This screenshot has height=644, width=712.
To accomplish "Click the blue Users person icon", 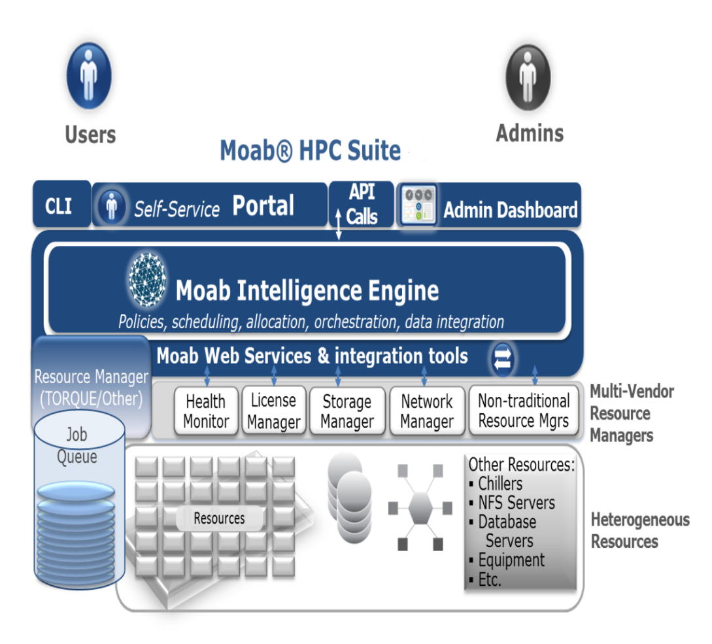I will point(89,76).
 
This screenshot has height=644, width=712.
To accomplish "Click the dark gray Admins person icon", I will point(528,77).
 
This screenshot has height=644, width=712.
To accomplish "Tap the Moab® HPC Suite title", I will point(310,150).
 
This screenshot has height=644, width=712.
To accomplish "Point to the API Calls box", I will point(362,205).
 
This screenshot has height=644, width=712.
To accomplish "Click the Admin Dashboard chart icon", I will point(417,206).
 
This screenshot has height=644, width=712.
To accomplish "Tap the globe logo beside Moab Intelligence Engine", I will point(148,280).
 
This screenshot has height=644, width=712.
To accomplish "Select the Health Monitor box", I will point(206,411).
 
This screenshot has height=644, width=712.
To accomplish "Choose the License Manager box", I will point(273,411).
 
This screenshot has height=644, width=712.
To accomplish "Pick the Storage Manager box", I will point(347,411).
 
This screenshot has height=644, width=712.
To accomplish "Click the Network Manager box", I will point(427,411).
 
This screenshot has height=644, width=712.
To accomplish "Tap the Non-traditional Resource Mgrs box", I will point(524,411).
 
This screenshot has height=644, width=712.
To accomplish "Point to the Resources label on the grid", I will point(219,518).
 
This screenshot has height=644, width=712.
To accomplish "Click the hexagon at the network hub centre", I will point(420,507).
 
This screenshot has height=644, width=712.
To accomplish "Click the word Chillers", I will point(500,484).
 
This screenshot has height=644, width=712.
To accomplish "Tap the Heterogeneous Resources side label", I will point(639,530).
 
